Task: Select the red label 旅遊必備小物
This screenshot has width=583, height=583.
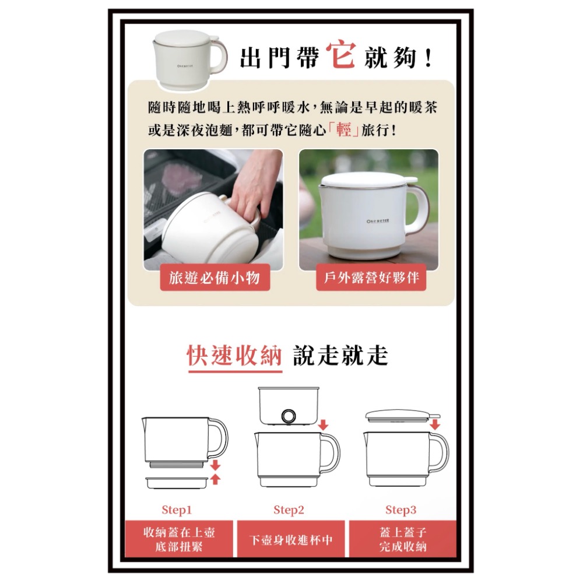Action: coord(215,278)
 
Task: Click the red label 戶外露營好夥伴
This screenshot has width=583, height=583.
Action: coord(371,278)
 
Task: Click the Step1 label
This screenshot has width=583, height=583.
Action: coord(177,510)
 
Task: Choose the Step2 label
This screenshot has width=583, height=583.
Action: coord(289,510)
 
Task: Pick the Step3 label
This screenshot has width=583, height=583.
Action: coord(401,510)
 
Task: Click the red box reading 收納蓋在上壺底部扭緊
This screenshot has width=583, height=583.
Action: coord(179,539)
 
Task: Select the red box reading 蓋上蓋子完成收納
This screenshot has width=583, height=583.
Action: coord(402,539)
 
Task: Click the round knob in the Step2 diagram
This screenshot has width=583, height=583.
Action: coord(288,416)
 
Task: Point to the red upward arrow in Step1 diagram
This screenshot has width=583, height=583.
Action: coord(215,479)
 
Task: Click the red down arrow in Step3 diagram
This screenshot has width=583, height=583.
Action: coord(434,424)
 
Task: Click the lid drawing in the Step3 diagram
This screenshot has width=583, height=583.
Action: coord(400,415)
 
